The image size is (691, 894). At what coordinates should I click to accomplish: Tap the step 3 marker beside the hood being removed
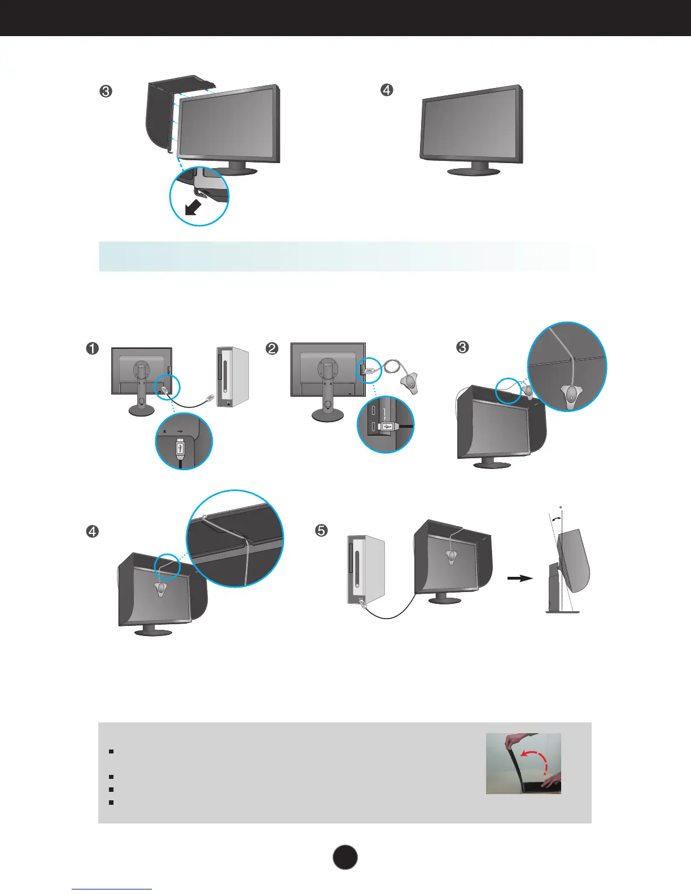pyautogui.click(x=106, y=91)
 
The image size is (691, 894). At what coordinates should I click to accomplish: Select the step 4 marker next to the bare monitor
pyautogui.click(x=387, y=90)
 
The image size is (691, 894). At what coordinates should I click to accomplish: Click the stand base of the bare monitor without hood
pyautogui.click(x=472, y=170)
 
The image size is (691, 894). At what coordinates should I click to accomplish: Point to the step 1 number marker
pyautogui.click(x=92, y=348)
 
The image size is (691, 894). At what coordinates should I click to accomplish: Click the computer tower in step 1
pyautogui.click(x=232, y=377)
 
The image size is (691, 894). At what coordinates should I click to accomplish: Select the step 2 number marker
pyautogui.click(x=272, y=348)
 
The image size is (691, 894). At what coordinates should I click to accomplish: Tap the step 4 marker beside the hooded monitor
pyautogui.click(x=92, y=531)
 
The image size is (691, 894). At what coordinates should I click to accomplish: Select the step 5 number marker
pyautogui.click(x=321, y=531)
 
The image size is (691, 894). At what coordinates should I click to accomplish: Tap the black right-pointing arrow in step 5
pyautogui.click(x=520, y=578)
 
